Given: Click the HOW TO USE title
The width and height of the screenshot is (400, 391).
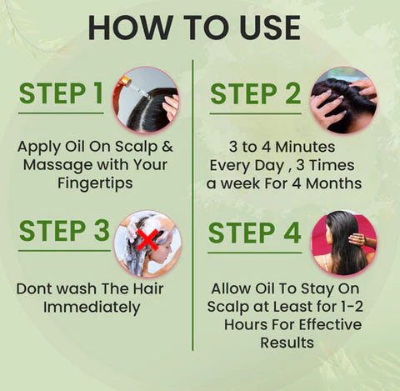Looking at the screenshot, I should tap(194, 28).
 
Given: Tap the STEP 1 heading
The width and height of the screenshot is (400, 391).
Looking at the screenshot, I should tap(62, 94).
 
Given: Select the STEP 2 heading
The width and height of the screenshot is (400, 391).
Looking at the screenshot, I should tap(256, 94).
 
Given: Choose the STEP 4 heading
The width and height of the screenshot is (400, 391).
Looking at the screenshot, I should tap(255, 233).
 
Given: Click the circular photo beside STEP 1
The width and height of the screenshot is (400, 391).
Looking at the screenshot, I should tap(146, 99).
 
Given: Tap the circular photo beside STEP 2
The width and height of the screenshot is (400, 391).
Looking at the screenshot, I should tap(343, 99).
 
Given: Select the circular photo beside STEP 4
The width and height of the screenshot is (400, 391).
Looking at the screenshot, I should tap(343, 243).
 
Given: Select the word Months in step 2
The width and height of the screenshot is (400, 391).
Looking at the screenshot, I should tap(332, 182).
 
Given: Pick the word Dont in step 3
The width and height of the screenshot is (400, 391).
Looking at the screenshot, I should tap(34, 289).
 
